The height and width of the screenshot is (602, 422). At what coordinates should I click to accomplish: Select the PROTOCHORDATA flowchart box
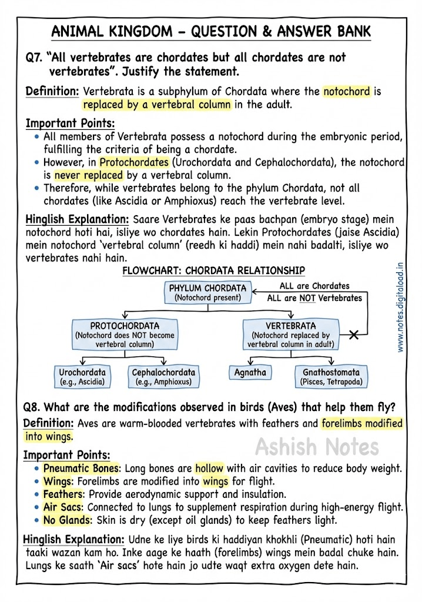pyautogui.click(x=124, y=335)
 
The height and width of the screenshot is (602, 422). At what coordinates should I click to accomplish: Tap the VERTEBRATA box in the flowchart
pyautogui.click(x=290, y=335)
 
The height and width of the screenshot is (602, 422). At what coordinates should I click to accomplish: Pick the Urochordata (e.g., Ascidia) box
pyautogui.click(x=82, y=376)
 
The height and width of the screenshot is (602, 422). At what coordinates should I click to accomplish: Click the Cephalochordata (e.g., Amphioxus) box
pyautogui.click(x=163, y=376)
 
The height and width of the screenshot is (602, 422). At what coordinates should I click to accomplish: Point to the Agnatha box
pyautogui.click(x=250, y=373)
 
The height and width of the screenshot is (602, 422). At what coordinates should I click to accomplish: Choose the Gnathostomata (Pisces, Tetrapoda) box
pyautogui.click(x=331, y=376)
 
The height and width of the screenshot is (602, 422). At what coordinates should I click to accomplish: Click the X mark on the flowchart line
pyautogui.click(x=354, y=335)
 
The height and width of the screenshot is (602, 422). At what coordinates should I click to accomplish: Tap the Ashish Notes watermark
pyautogui.click(x=317, y=447)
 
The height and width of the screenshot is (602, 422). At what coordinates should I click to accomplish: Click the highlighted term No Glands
pyautogui.click(x=66, y=520)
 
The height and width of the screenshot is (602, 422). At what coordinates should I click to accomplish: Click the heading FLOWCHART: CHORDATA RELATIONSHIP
pyautogui.click(x=213, y=270)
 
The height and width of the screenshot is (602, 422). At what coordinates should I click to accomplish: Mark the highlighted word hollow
pyautogui.click(x=209, y=469)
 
